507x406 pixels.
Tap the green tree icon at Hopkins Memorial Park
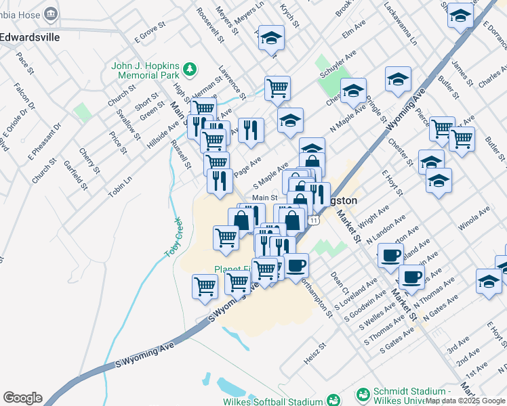[190, 68]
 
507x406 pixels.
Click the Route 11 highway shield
[312, 221]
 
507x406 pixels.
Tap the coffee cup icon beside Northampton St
[296, 265]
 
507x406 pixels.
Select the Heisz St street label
[315, 353]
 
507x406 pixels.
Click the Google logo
[22, 398]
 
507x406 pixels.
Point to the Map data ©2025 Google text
[465, 401]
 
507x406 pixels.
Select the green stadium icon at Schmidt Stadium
[364, 394]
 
